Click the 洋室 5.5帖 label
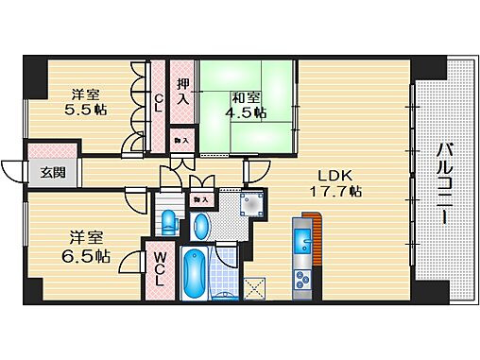pos(85,101)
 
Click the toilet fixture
pos(168,224)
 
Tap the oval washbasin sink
pos(200,228)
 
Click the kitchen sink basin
pos(304,240)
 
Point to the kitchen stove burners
pos(304,278)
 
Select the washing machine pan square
pos(251,206)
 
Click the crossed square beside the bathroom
pos(255,289)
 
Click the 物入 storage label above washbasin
pos(200,199)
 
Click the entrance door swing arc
pos(11,174)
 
